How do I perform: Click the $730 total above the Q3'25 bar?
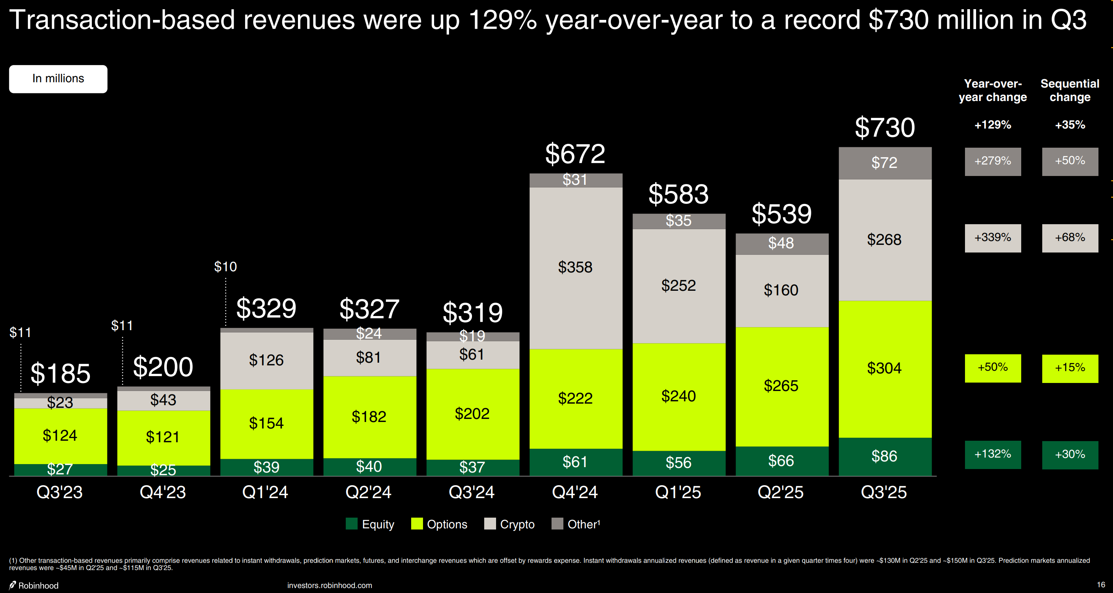tap(884, 127)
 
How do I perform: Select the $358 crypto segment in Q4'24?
tap(575, 267)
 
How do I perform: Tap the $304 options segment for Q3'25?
tap(884, 368)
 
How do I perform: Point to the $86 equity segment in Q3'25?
tap(884, 456)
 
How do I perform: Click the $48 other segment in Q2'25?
tap(781, 243)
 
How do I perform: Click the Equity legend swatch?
tap(351, 524)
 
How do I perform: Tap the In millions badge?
tap(59, 79)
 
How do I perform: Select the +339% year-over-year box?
tap(993, 238)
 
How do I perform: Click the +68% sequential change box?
tap(1070, 238)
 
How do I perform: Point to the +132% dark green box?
tap(993, 454)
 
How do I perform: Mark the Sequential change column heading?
tap(1070, 90)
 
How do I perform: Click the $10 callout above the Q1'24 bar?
tap(225, 267)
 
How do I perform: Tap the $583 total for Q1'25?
tap(679, 194)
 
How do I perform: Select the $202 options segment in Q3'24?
tap(472, 414)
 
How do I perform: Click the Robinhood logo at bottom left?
tap(13, 585)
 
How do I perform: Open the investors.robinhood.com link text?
tap(329, 585)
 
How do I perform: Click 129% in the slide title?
tap(503, 20)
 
